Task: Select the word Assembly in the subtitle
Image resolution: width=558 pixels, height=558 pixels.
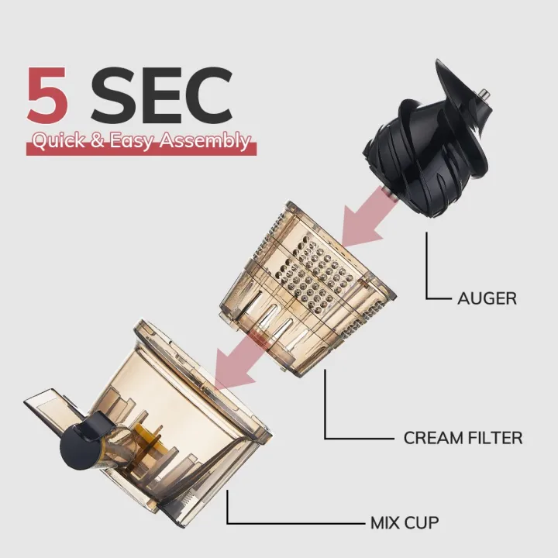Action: [205, 142]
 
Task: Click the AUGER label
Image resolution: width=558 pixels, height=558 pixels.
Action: [487, 298]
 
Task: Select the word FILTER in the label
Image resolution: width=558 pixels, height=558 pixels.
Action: [494, 438]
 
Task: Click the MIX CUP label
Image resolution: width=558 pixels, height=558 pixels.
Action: [405, 523]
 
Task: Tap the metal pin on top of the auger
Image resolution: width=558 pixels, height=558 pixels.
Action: [484, 95]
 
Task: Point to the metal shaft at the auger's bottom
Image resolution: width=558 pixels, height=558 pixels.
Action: [389, 193]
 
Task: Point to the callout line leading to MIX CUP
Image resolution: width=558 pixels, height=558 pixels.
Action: [249, 523]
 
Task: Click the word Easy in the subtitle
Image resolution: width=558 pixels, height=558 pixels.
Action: [131, 142]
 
